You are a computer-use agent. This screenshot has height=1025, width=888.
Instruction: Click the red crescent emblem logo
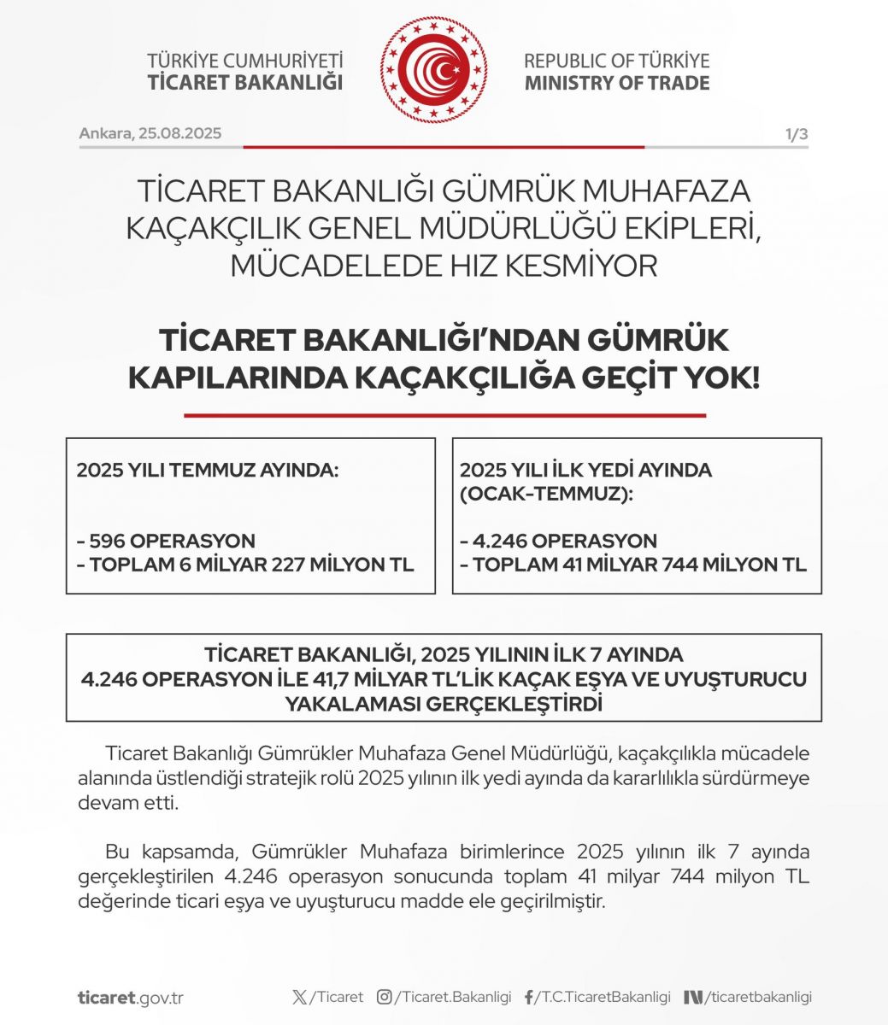click(x=433, y=70)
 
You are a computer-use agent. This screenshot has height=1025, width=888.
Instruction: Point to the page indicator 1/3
click(x=797, y=134)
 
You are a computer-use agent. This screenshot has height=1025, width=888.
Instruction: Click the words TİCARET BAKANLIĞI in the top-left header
click(x=244, y=83)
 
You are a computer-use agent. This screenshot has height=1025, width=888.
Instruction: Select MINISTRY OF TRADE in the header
click(x=616, y=83)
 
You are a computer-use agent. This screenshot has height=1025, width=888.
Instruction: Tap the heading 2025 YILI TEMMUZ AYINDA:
click(x=208, y=470)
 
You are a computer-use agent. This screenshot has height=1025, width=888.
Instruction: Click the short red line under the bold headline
click(x=444, y=416)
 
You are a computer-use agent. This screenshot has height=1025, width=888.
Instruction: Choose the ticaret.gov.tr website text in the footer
click(x=130, y=998)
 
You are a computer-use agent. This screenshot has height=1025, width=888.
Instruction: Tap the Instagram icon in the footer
click(x=385, y=997)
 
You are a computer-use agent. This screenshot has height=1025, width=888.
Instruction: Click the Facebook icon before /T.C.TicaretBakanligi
click(x=528, y=997)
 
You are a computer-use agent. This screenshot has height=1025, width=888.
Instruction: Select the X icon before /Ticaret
click(x=298, y=997)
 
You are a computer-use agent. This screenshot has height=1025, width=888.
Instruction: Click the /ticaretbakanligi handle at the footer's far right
click(x=757, y=997)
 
